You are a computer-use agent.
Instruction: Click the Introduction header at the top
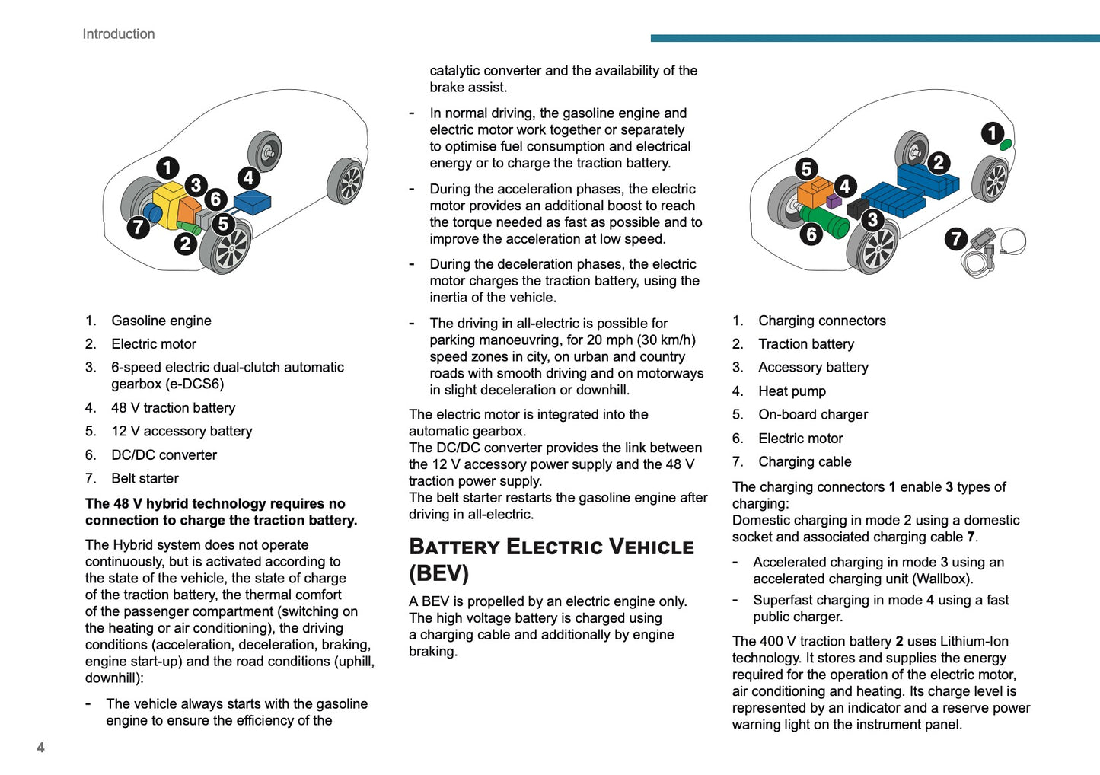[x=119, y=34]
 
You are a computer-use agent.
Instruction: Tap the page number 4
[x=40, y=748]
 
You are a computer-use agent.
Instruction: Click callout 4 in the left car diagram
[x=248, y=178]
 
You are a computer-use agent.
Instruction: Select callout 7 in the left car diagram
[x=138, y=227]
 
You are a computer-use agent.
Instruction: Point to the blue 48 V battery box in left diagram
[x=253, y=202]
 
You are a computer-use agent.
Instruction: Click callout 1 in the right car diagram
[x=992, y=134]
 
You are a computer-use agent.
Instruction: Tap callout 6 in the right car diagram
[x=811, y=234]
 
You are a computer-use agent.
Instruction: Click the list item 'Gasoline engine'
[x=161, y=321]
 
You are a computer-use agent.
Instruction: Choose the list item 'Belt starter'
[x=145, y=478]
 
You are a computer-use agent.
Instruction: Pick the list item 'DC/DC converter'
[x=164, y=454]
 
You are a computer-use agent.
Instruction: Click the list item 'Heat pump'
[x=792, y=391]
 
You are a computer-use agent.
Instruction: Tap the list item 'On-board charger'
[x=813, y=414]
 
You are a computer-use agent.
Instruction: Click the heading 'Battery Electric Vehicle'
[x=551, y=547]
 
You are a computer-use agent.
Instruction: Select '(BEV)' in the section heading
[x=438, y=573]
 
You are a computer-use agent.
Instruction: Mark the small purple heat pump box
[x=834, y=201]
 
